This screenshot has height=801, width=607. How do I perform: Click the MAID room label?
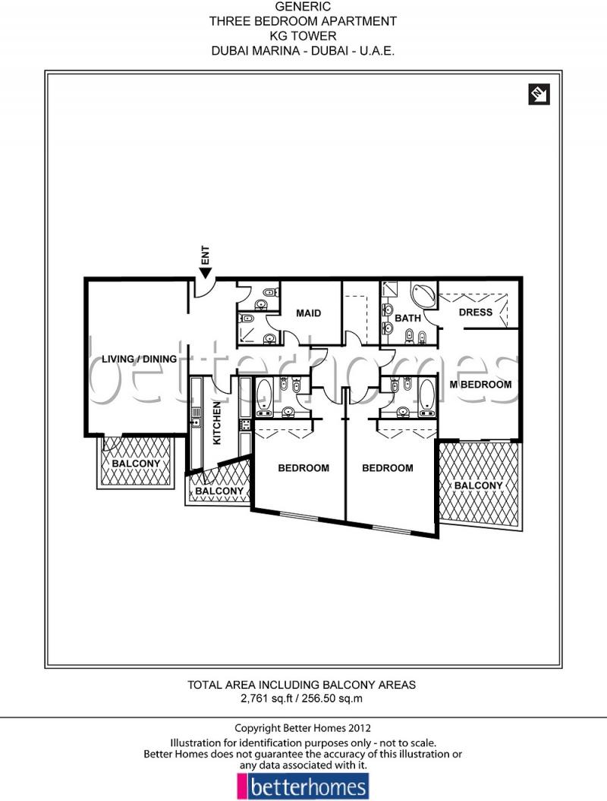308,313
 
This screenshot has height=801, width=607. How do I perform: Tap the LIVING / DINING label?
139,359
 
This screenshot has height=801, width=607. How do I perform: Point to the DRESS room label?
476,312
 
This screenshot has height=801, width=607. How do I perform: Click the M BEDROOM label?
481,385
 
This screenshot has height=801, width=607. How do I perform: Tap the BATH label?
407,318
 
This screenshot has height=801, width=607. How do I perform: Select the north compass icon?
538,95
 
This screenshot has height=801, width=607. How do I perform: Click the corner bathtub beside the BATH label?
422,295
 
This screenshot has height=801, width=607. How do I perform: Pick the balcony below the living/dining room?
136,463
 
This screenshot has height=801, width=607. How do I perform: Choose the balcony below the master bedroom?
479,485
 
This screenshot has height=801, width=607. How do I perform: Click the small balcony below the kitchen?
219,490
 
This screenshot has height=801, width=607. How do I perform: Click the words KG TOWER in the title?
303,35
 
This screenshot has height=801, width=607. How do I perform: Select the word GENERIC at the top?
303,6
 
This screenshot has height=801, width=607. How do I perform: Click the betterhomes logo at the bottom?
303,787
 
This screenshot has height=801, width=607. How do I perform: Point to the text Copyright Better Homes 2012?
303,727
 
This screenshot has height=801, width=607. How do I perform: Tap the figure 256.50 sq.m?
334,698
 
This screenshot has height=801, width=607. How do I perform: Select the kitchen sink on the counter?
195,422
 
